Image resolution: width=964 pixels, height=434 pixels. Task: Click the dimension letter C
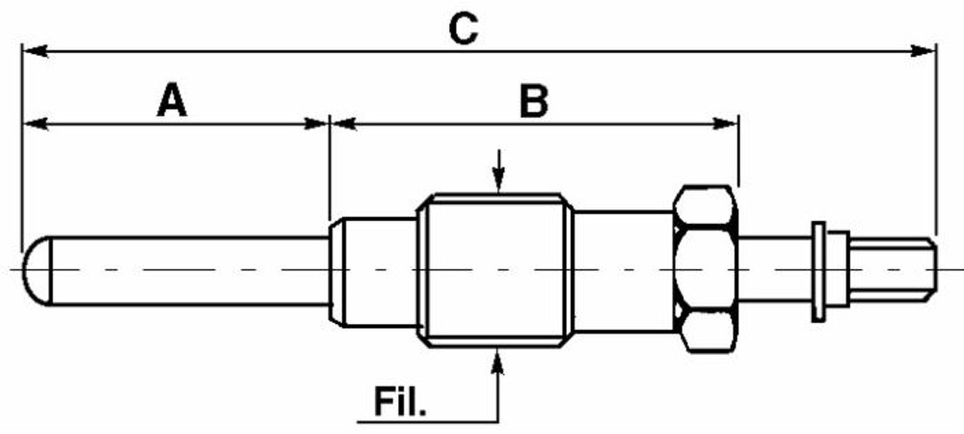tap(464, 28)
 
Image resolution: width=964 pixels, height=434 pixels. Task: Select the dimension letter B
tap(533, 100)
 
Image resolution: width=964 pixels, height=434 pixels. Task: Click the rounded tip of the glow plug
tap(33, 269)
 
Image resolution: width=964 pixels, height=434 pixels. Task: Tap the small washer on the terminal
tap(818, 270)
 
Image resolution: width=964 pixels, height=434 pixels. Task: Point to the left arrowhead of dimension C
tap(31, 47)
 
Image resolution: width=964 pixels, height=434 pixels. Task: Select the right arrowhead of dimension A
tap(319, 122)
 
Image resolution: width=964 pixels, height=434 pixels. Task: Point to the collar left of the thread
tap(372, 270)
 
